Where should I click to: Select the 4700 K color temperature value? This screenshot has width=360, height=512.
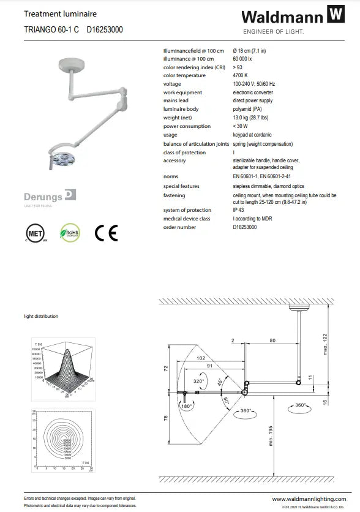(241, 75)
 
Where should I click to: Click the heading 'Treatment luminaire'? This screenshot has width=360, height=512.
(52, 13)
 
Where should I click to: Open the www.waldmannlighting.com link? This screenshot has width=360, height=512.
(311, 500)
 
